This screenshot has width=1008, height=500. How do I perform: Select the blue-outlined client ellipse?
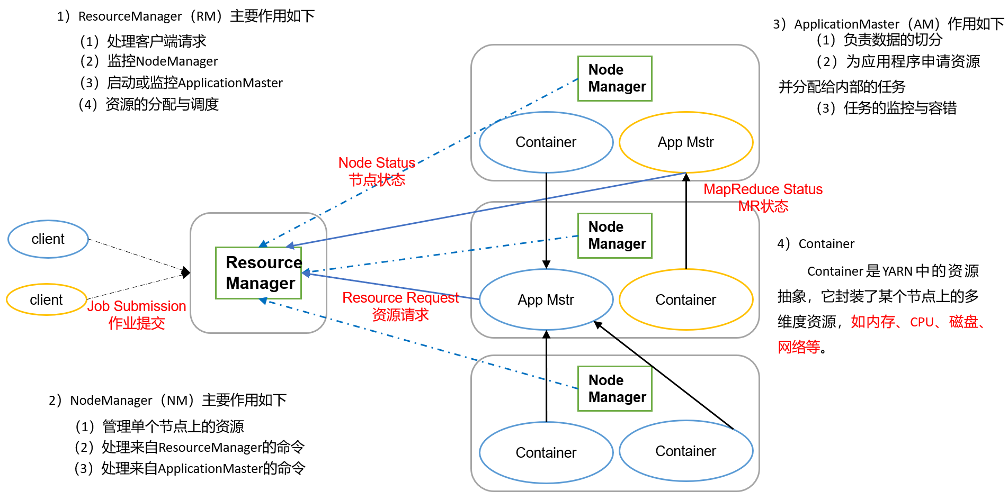[48, 239]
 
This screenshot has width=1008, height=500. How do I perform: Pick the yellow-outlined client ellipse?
[47, 300]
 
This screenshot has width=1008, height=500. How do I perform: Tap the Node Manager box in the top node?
[614, 78]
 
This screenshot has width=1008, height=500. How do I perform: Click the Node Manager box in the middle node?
[614, 235]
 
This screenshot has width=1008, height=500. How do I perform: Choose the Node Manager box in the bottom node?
[614, 389]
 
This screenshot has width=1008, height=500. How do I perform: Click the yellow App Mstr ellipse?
[686, 142]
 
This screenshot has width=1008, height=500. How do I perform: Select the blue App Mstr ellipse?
[546, 300]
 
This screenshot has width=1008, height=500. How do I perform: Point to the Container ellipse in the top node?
[546, 142]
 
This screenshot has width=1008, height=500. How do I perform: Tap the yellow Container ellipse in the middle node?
[686, 300]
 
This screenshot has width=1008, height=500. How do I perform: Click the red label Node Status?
[377, 163]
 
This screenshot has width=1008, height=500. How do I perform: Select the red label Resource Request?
[400, 298]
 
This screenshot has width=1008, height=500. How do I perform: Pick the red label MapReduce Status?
[763, 189]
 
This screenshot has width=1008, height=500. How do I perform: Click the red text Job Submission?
[137, 306]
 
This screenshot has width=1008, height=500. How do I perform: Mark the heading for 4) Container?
[816, 244]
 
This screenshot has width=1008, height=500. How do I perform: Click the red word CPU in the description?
[922, 322]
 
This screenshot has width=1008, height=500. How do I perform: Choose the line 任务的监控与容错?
[887, 108]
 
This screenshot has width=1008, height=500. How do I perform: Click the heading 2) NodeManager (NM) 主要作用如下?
[167, 401]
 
